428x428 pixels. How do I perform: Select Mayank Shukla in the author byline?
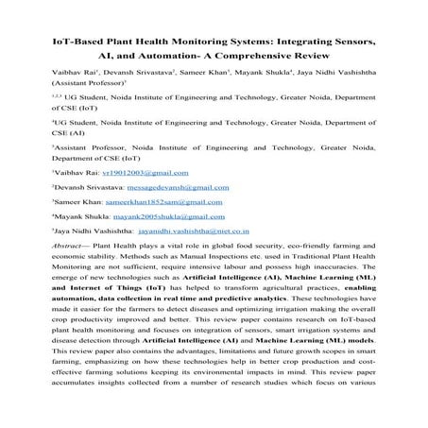point(263,83)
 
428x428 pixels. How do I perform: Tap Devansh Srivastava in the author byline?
point(134,83)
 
